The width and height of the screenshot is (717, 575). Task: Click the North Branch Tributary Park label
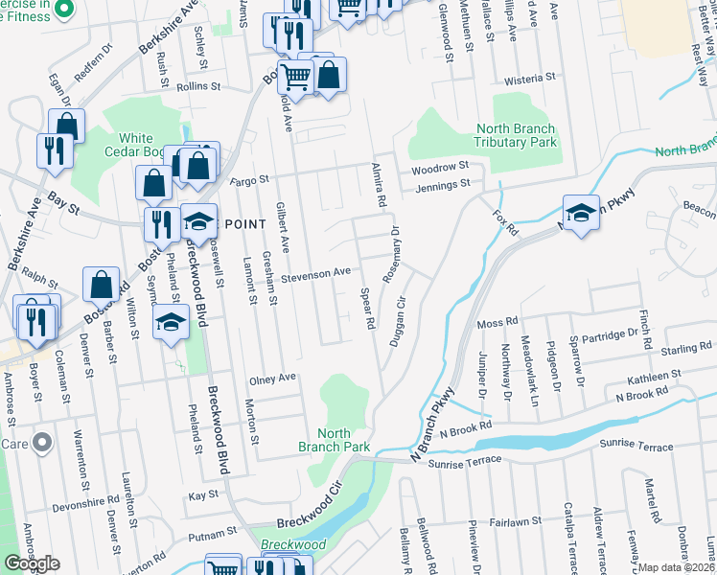pyautogui.click(x=516, y=136)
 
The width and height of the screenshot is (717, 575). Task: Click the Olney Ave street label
pyautogui.click(x=272, y=379)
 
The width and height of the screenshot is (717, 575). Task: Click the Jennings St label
pyautogui.click(x=444, y=184)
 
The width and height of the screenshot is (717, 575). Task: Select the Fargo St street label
pyautogui.click(x=249, y=179)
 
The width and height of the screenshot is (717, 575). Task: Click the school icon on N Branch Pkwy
pyautogui.click(x=581, y=215)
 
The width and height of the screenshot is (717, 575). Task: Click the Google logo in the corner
pyautogui.click(x=32, y=563)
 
